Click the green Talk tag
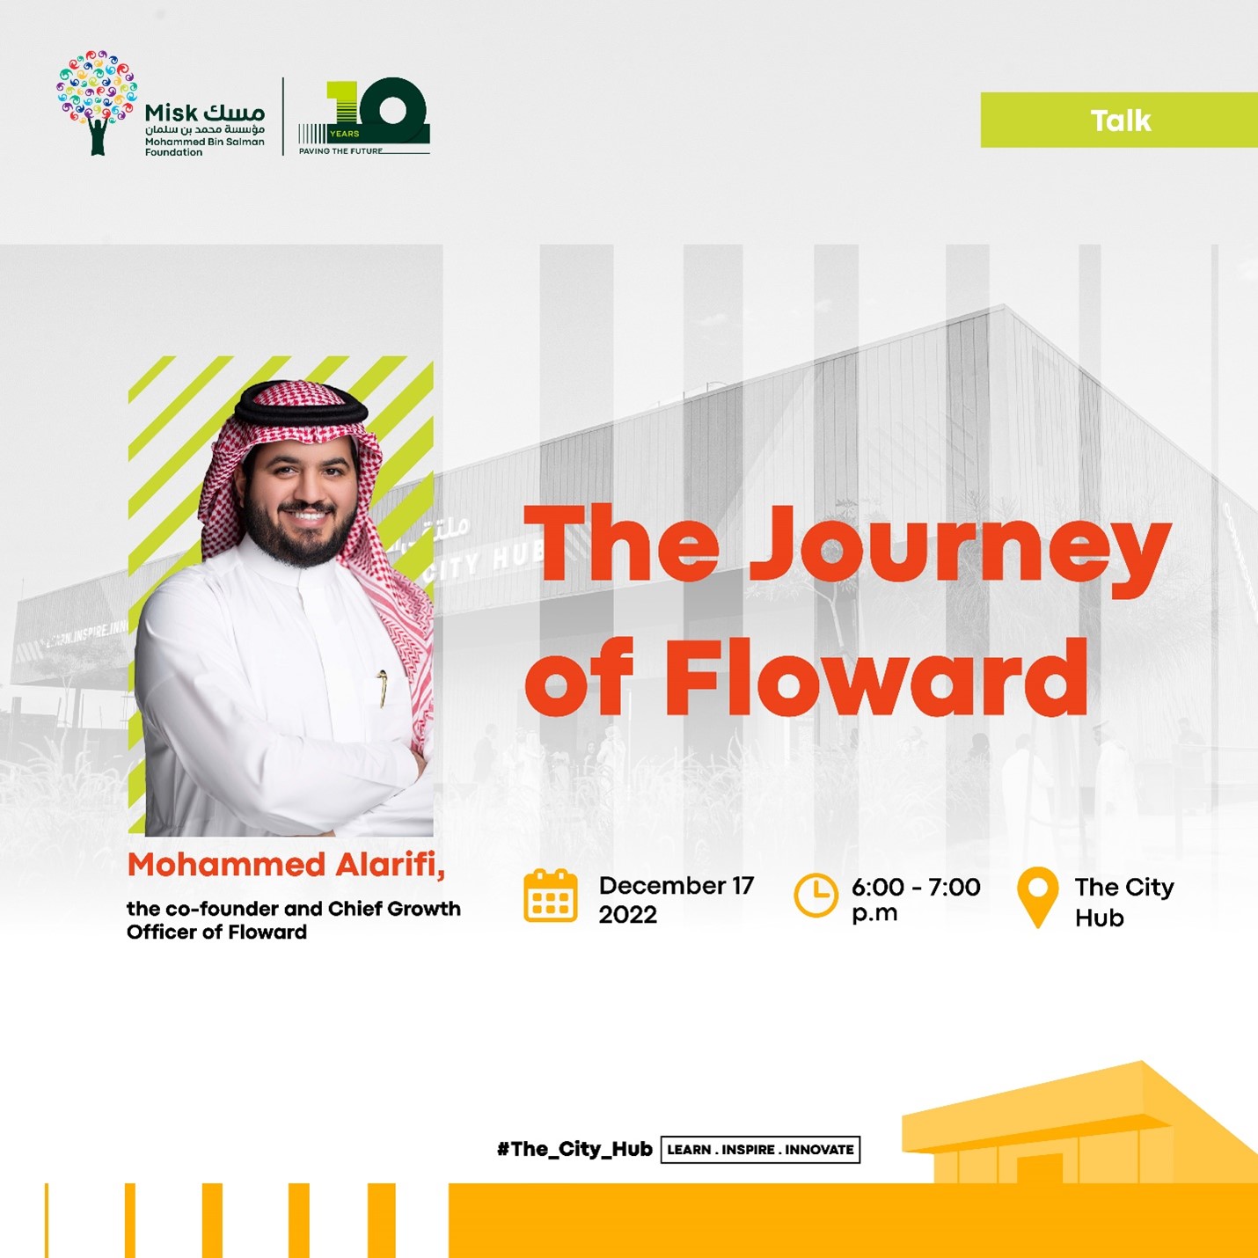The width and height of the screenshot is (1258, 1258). pyautogui.click(x=1119, y=121)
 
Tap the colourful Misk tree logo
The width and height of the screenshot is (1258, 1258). pyautogui.click(x=97, y=103)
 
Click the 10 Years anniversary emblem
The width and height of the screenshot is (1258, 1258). pyautogui.click(x=363, y=116)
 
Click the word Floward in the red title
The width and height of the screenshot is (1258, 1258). pyautogui.click(x=875, y=677)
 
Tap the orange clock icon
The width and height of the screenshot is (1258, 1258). pyautogui.click(x=816, y=895)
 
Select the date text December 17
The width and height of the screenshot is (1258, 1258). pyautogui.click(x=677, y=886)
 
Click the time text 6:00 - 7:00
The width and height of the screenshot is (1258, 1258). pyautogui.click(x=916, y=887)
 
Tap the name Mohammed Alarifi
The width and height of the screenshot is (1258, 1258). pyautogui.click(x=285, y=865)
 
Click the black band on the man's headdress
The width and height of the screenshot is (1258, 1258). pyautogui.click(x=301, y=404)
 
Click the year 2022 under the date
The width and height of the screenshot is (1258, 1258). pyautogui.click(x=627, y=915)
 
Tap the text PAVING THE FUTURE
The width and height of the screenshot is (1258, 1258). pyautogui.click(x=340, y=150)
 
